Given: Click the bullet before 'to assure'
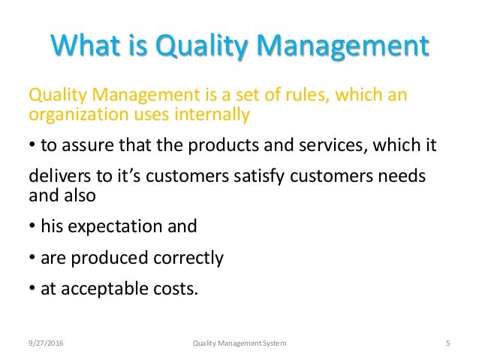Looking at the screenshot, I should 31,145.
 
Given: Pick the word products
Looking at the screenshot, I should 216,145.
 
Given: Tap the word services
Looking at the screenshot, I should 315,145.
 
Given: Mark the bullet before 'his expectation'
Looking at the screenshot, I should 31,225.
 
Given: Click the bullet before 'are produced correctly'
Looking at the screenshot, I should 31,259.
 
